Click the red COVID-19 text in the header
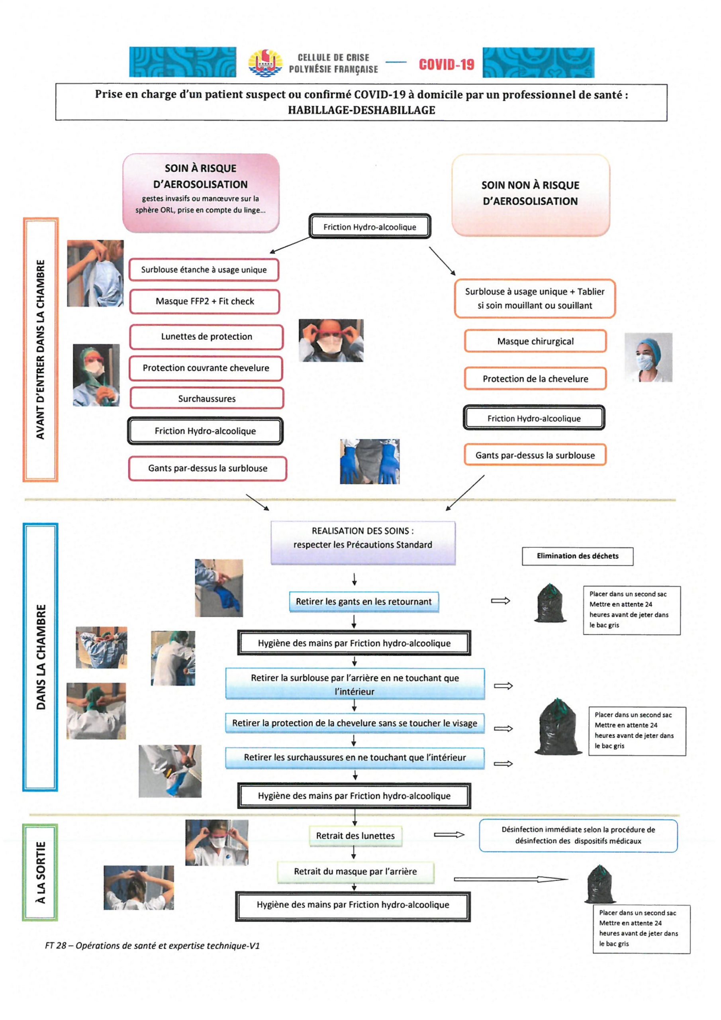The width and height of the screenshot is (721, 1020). click(x=447, y=65)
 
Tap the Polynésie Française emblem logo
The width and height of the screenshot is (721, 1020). click(x=265, y=63)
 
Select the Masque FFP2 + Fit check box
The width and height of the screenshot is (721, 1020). click(x=205, y=301)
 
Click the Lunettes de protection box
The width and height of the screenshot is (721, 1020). click(x=207, y=337)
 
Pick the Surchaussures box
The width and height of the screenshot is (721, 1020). click(x=207, y=398)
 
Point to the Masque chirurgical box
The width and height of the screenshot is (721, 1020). click(x=535, y=341)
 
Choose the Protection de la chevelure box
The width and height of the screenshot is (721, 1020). click(x=535, y=379)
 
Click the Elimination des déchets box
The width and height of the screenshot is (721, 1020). click(x=578, y=556)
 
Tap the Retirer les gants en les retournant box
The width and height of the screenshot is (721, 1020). click(x=364, y=602)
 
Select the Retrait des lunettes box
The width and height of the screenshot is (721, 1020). click(x=355, y=836)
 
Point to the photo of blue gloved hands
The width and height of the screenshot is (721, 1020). click(x=370, y=461)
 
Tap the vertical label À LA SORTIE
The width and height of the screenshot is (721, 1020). click(x=40, y=872)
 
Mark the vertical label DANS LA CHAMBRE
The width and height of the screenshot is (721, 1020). click(x=40, y=657)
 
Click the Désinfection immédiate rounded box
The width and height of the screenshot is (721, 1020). click(x=578, y=835)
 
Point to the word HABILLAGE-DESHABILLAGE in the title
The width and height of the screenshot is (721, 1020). click(x=361, y=110)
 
